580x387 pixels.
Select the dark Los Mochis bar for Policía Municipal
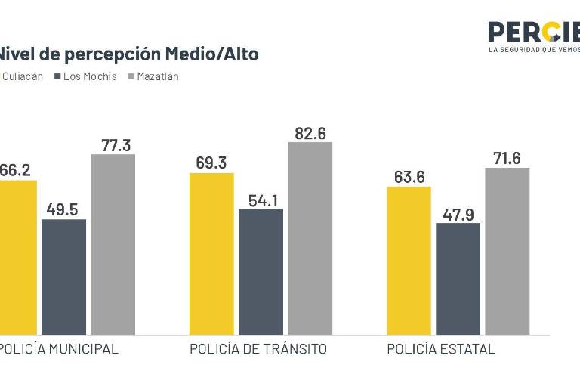point(63,277)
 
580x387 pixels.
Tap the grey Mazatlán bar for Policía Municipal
point(113,244)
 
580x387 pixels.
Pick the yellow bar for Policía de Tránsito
point(211,253)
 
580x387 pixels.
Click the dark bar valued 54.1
point(261,271)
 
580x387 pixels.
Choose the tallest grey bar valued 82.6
point(310,238)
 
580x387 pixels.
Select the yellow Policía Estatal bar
point(409,260)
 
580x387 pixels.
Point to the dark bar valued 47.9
point(458,278)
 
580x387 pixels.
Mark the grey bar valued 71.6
point(507,251)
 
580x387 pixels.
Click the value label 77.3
point(116,145)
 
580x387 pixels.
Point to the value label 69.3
point(211,163)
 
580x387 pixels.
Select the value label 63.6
point(409,177)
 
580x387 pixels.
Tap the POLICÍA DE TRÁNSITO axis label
point(258,349)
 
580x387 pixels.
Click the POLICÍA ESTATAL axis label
point(441,349)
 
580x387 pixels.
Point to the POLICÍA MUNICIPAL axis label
point(59,349)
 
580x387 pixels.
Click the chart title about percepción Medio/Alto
point(128,54)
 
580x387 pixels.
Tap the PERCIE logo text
point(533,33)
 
